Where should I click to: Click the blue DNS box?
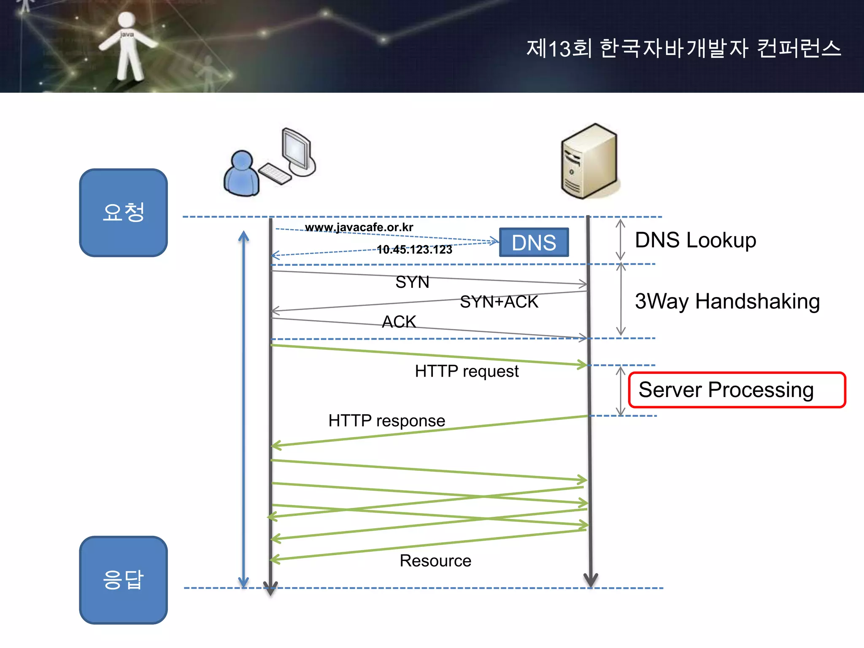click(534, 243)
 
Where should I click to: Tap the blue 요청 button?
click(123, 213)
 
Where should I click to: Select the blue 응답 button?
click(123, 580)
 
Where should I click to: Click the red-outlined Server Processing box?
click(737, 390)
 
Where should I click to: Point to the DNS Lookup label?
click(695, 240)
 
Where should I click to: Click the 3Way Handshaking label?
click(727, 301)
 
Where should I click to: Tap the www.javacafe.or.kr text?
click(359, 227)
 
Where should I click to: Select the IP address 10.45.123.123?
click(414, 250)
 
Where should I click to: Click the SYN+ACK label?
click(499, 302)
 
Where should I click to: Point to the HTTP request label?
click(467, 371)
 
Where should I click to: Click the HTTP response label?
click(386, 421)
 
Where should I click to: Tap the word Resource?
click(435, 561)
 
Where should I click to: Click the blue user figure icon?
click(241, 174)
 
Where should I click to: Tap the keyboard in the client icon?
click(275, 173)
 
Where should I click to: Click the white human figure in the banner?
click(127, 46)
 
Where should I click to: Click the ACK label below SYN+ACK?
click(399, 322)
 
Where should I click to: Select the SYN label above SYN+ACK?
click(412, 282)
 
